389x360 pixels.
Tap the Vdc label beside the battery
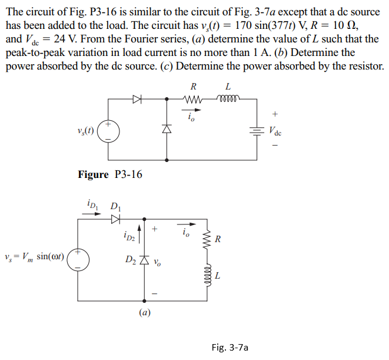pos(275,131)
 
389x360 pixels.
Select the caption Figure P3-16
pos(110,174)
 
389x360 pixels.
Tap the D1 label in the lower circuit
pos(115,206)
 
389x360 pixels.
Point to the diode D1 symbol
pos(115,219)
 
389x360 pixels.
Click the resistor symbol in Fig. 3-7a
pos(206,239)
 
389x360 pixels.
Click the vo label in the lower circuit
pos(157,261)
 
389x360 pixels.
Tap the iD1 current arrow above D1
pos(91,214)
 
